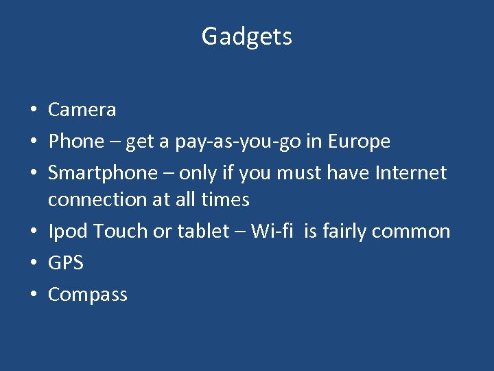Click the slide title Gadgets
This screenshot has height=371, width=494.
click(247, 36)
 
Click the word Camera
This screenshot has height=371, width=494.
click(82, 110)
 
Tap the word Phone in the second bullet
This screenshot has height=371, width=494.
click(75, 142)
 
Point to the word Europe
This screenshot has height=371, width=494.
click(359, 142)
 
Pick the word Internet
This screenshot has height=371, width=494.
click(410, 172)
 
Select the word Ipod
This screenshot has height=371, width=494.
click(68, 232)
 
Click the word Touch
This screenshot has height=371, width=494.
click(121, 232)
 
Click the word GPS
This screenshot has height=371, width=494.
click(66, 263)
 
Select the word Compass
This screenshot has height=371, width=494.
click(88, 295)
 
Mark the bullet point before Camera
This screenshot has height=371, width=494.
click(33, 110)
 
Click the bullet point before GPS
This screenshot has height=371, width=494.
click(33, 263)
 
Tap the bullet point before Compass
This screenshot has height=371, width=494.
click(33, 295)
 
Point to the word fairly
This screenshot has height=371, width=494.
click(346, 232)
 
